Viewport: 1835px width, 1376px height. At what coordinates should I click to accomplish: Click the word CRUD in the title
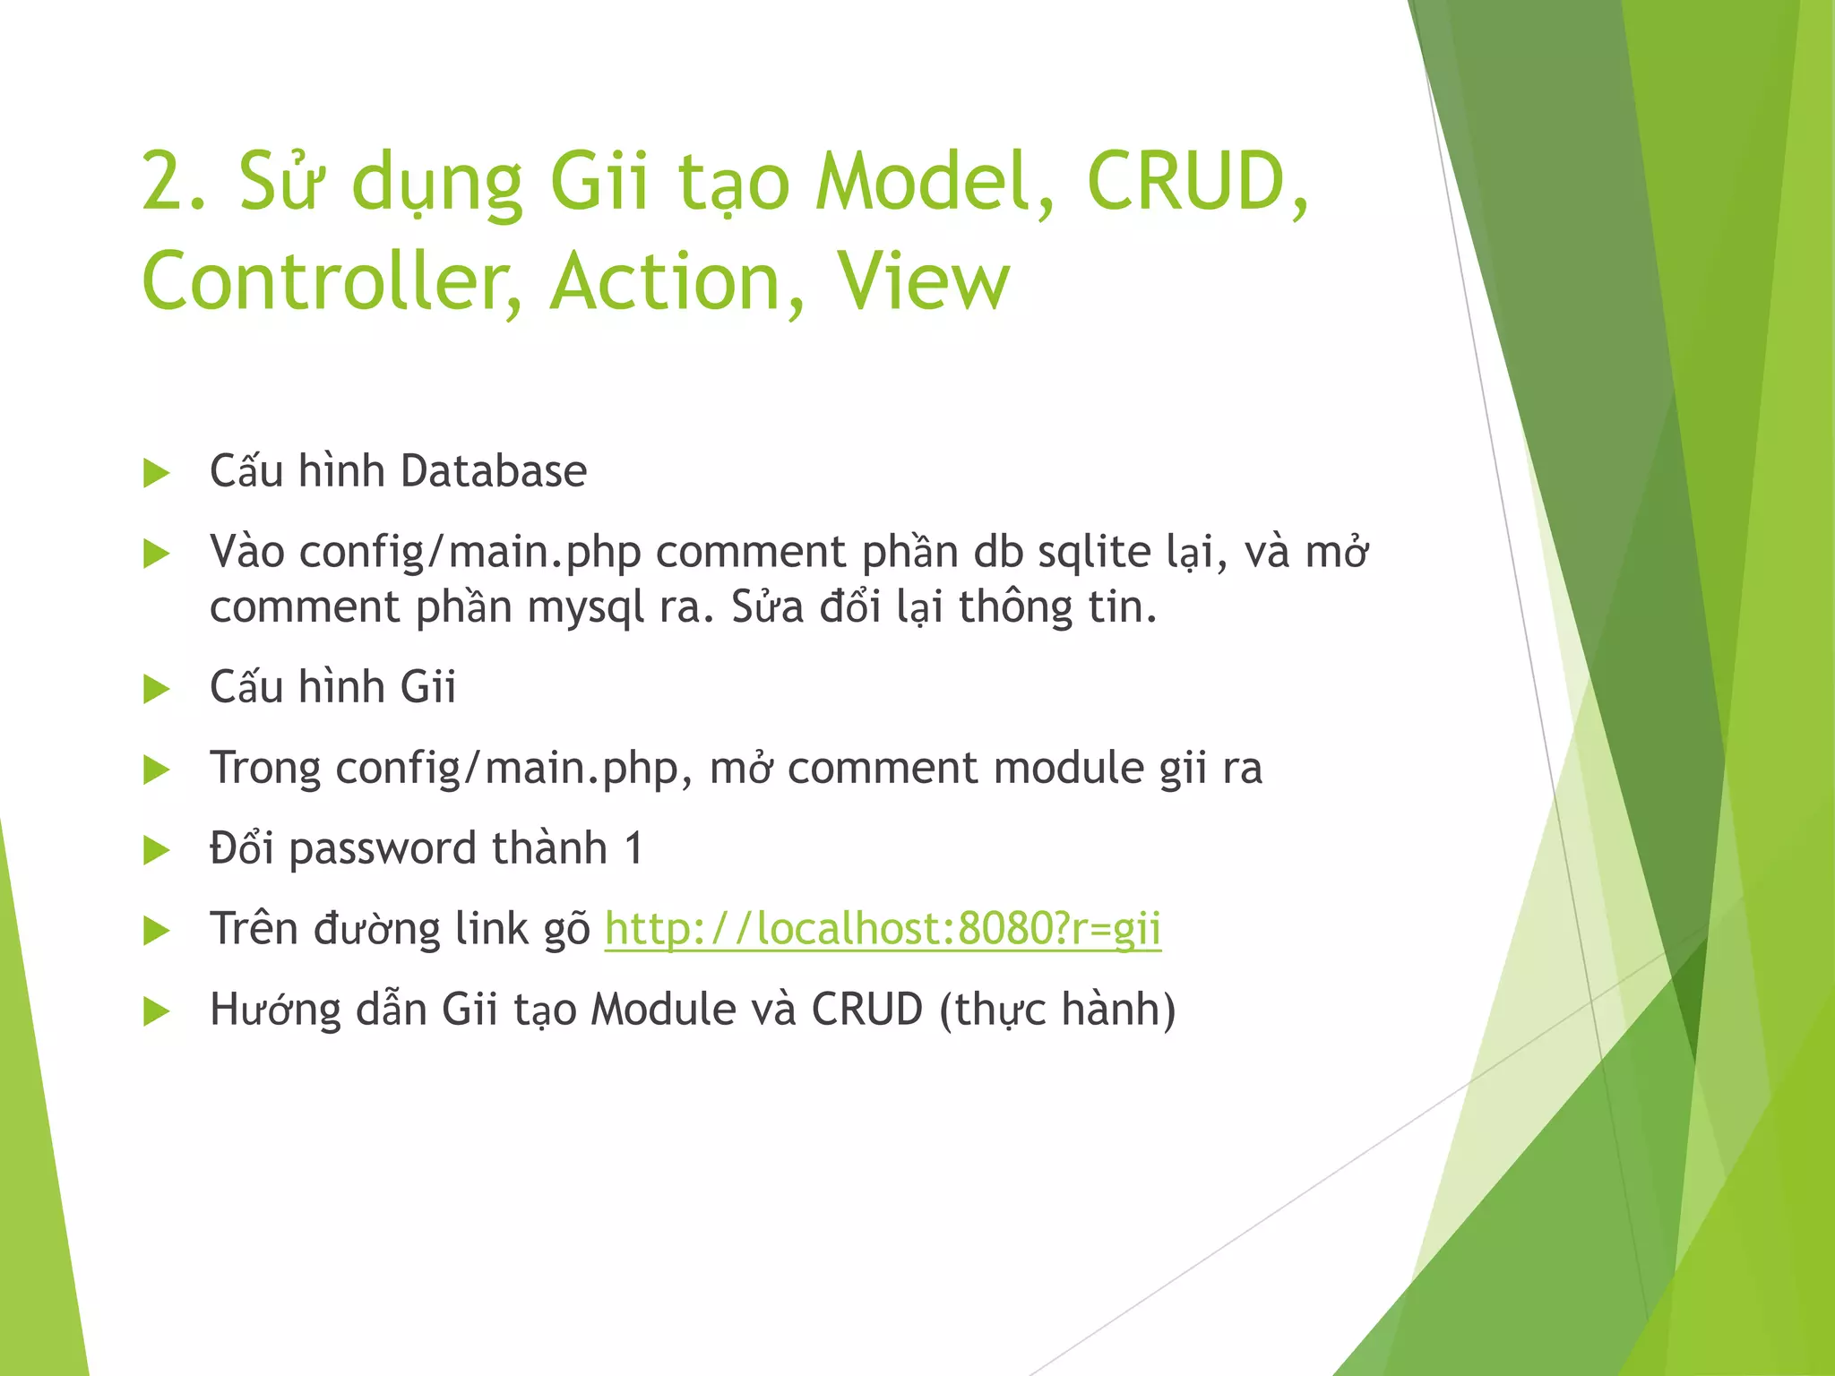point(1187,183)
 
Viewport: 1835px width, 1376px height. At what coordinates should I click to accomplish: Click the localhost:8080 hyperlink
point(883,929)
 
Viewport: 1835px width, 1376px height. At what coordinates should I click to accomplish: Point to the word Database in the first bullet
point(493,471)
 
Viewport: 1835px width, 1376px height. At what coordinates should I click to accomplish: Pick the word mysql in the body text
point(585,608)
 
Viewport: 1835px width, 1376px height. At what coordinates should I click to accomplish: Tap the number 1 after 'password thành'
point(633,848)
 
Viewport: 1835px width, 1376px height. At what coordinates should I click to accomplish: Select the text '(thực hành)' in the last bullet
point(1057,1010)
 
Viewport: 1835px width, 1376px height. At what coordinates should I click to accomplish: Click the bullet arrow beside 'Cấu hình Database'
point(157,473)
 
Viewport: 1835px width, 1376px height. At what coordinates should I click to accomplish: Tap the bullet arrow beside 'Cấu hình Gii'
point(157,689)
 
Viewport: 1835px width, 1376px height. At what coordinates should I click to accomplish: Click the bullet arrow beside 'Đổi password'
point(157,850)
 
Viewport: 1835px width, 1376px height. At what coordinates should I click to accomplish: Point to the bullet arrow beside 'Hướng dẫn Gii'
point(157,1011)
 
